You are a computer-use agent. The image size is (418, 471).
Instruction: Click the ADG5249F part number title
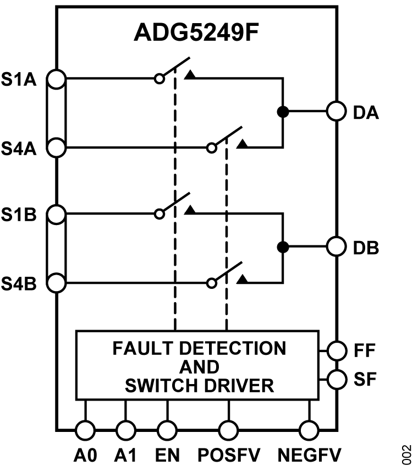(196, 34)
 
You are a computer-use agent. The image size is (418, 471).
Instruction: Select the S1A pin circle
(57, 79)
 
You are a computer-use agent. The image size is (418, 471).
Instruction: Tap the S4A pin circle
(57, 147)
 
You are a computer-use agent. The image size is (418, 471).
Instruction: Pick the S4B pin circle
(57, 283)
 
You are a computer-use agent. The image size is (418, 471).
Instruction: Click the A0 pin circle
(85, 429)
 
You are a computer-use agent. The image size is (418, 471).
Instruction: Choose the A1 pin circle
(126, 429)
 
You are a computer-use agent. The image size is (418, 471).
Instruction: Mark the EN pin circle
(167, 429)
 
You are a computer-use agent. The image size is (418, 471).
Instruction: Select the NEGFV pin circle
(309, 429)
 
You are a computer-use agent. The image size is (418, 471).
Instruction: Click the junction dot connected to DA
(282, 112)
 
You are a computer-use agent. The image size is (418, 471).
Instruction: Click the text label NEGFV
(309, 456)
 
